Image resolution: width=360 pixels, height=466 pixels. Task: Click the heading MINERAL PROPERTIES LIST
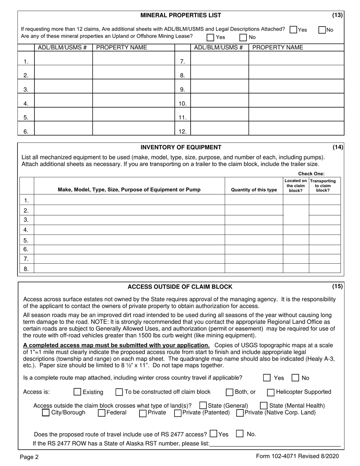coord(181,16)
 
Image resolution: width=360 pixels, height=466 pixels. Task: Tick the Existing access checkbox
coord(77,392)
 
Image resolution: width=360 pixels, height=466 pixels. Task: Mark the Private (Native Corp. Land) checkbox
coord(239,413)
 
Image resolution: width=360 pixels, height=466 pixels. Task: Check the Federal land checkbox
coord(102,413)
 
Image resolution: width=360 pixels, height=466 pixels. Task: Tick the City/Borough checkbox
coord(46,413)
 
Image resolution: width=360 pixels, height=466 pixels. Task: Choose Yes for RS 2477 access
coord(213,434)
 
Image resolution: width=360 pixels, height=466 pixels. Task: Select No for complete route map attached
coord(295,378)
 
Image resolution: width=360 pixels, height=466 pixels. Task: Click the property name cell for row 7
coord(296,58)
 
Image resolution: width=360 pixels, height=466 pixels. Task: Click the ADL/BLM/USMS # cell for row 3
coord(63,86)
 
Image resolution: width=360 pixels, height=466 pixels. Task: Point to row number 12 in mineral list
coord(182,131)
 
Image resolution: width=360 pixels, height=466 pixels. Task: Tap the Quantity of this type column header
coord(254,190)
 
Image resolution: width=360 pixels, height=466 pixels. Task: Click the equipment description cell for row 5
coord(129,240)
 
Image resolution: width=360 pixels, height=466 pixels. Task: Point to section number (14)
coord(337,147)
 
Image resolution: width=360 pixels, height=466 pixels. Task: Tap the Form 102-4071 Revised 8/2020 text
coord(297,457)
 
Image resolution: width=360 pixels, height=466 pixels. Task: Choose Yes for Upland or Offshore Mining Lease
coord(210,37)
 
